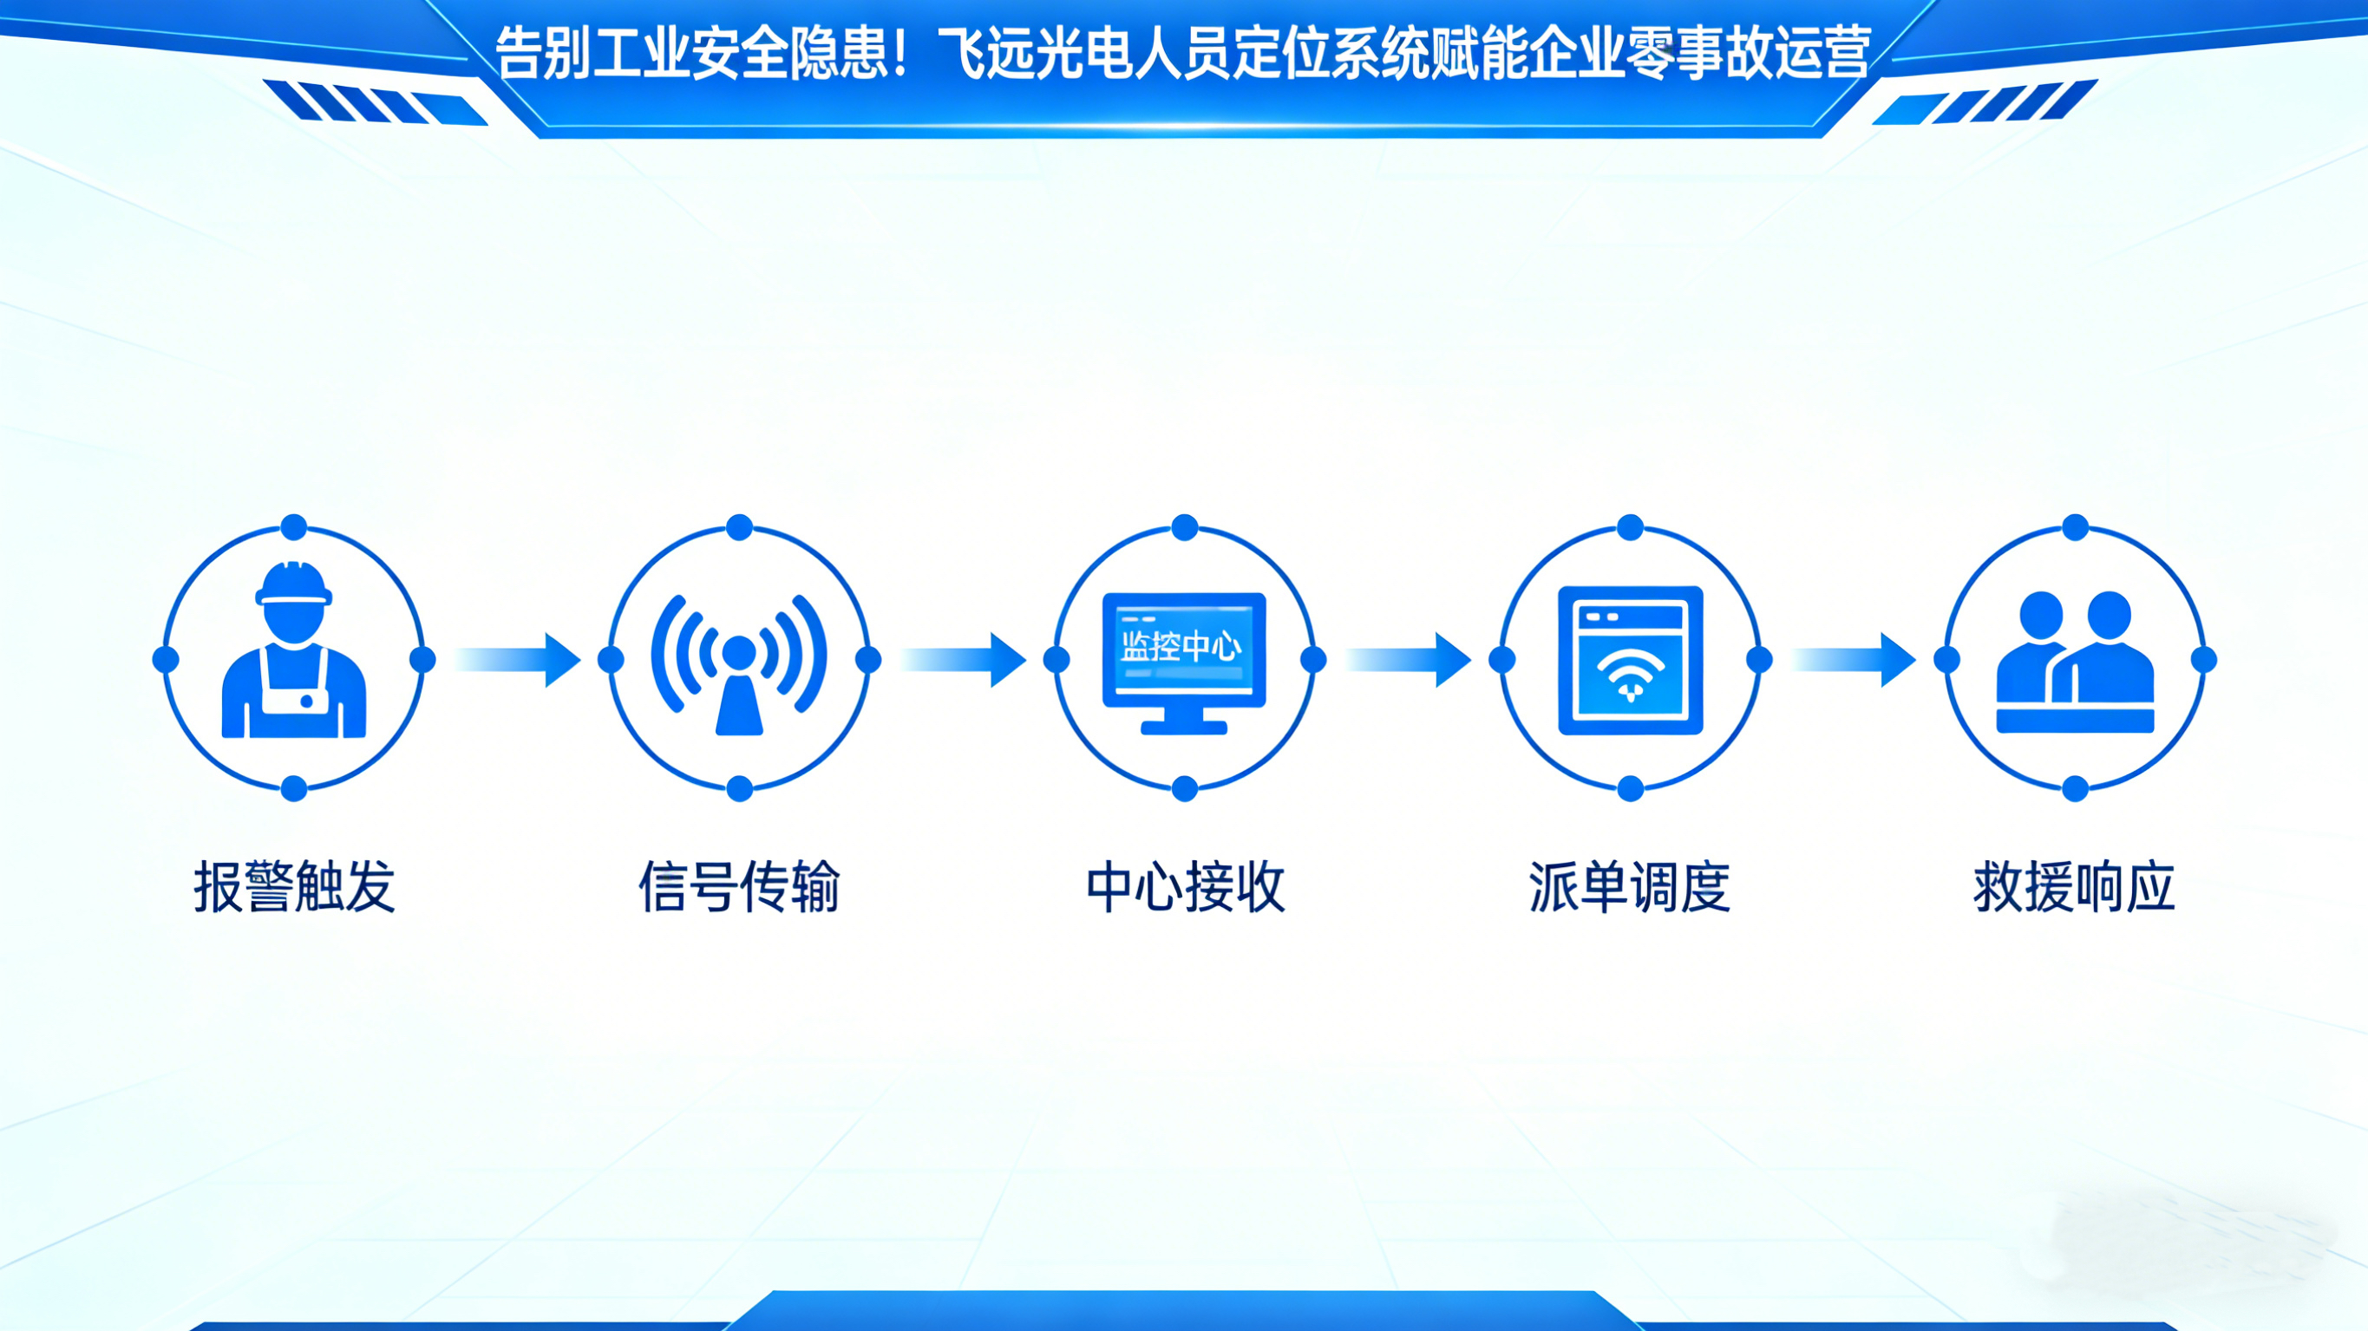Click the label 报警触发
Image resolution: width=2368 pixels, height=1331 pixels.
point(294,887)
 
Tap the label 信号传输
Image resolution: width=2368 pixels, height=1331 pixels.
point(739,887)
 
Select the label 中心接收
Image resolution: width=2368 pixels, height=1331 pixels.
point(1185,887)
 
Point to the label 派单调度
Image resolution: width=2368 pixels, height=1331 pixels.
point(1630,887)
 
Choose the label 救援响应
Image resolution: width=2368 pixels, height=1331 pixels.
point(2075,887)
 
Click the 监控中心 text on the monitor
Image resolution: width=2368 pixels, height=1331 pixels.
point(1182,647)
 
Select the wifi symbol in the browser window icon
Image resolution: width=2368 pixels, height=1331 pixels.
point(1630,675)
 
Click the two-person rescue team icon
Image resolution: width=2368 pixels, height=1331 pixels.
point(2075,662)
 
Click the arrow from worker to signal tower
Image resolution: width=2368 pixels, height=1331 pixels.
point(520,659)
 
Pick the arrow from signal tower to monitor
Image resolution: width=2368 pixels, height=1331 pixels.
point(965,659)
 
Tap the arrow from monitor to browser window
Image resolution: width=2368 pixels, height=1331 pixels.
point(1410,659)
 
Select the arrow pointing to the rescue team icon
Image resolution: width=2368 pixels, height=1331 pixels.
point(1855,659)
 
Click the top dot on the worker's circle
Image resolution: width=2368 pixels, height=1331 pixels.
point(293,527)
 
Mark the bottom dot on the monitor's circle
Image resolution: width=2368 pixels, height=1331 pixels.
point(1185,789)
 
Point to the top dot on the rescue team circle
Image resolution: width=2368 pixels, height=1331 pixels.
point(2075,527)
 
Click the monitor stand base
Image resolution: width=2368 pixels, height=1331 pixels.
point(1184,727)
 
